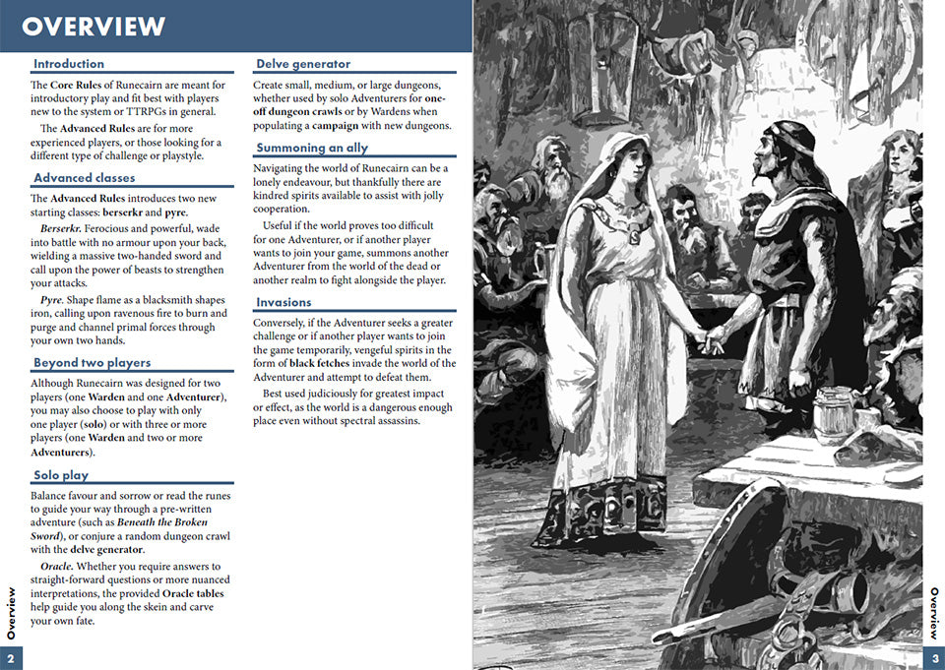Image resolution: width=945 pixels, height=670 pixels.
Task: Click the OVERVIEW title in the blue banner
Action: click(x=94, y=26)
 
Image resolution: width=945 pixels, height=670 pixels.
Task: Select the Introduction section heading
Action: click(x=69, y=64)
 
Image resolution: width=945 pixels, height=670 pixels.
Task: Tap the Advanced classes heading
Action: click(x=85, y=178)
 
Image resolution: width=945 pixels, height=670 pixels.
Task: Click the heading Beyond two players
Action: click(x=93, y=363)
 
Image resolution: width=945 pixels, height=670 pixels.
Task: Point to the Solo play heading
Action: click(x=61, y=475)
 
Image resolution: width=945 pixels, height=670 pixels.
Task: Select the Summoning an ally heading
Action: click(x=312, y=148)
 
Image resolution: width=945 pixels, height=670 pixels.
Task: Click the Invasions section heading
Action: click(x=283, y=302)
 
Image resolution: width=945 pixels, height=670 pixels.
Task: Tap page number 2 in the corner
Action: click(x=11, y=658)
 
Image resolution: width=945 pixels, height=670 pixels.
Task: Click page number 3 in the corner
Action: click(x=934, y=658)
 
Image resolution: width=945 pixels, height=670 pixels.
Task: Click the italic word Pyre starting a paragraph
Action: click(x=52, y=299)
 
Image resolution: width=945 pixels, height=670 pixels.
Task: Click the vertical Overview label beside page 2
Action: click(x=11, y=613)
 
